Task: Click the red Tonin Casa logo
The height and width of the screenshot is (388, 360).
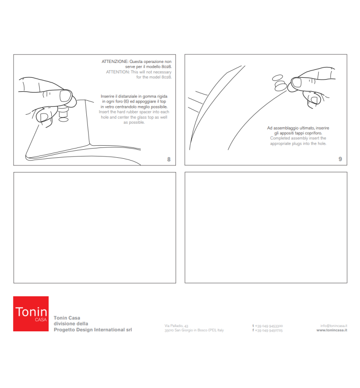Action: [x=31, y=313]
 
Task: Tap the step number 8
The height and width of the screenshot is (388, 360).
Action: [x=169, y=159]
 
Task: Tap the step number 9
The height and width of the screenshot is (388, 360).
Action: [x=340, y=159]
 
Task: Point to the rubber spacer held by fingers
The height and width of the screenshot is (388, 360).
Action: [x=63, y=112]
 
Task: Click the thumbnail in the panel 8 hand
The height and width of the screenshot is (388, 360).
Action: [x=65, y=96]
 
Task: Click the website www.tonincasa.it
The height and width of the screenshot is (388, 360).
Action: [x=332, y=330]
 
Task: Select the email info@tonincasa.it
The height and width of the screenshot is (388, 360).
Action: [x=334, y=326]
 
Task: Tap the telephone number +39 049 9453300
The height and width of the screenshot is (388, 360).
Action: [x=269, y=326]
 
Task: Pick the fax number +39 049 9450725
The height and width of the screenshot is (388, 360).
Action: [x=269, y=330]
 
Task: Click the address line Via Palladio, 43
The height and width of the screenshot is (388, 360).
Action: [x=176, y=326]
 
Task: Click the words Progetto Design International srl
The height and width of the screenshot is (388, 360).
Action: [x=93, y=330]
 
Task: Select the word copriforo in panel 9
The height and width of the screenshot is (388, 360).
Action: [x=314, y=133]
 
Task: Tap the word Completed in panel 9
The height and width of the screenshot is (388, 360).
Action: [x=280, y=138]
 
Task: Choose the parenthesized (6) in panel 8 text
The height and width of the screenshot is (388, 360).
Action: [x=126, y=102]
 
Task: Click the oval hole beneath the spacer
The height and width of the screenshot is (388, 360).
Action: [x=63, y=120]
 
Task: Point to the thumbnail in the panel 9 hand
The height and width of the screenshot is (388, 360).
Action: [x=297, y=82]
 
